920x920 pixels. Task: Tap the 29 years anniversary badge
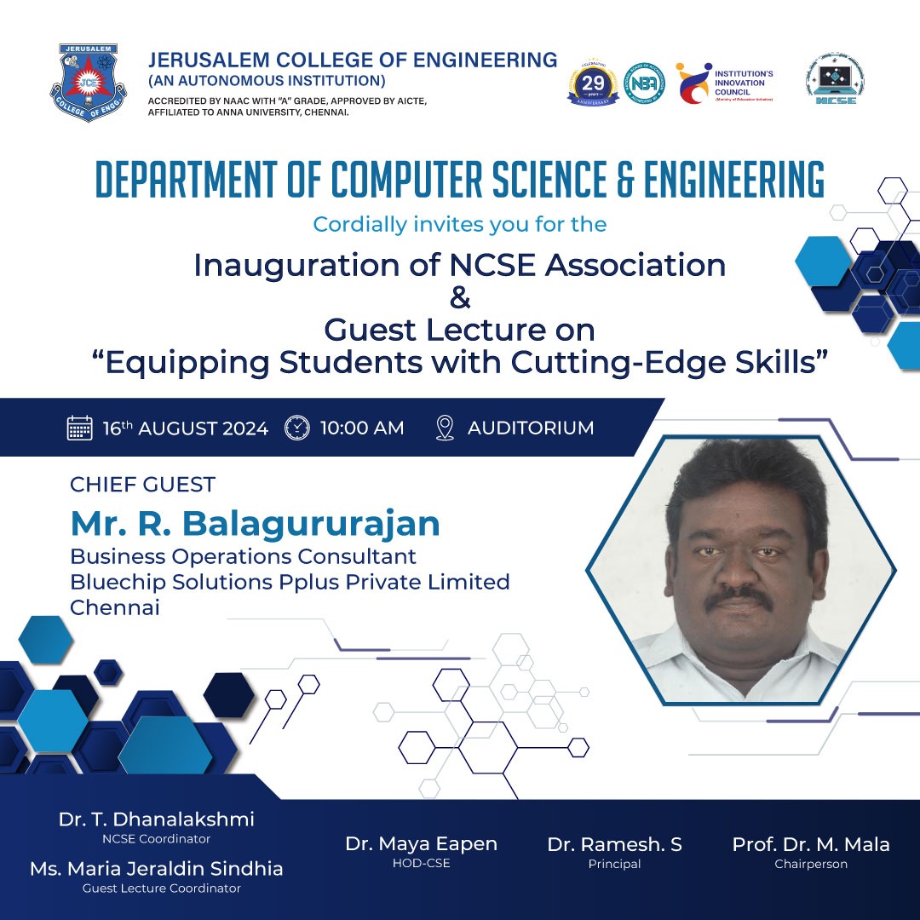click(x=593, y=83)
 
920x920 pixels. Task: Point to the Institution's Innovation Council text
click(x=744, y=83)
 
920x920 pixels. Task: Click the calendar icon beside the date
click(x=79, y=428)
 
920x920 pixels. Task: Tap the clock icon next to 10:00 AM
click(x=296, y=428)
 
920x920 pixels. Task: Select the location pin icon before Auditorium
click(x=445, y=428)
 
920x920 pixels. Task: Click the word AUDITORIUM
click(x=531, y=428)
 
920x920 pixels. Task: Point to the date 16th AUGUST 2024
click(x=186, y=428)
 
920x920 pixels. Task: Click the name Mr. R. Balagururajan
click(x=255, y=523)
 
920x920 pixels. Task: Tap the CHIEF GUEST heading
click(x=142, y=485)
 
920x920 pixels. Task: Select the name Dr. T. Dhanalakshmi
click(x=156, y=819)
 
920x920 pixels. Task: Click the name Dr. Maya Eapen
click(x=421, y=844)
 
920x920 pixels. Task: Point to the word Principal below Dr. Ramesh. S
click(x=614, y=864)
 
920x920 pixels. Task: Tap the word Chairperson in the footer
click(x=811, y=864)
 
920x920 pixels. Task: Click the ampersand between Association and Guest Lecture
click(x=459, y=298)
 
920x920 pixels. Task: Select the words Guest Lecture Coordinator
click(x=161, y=888)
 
